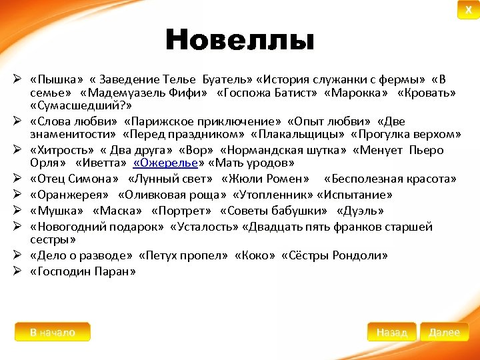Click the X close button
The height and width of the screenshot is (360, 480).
pyautogui.click(x=468, y=11)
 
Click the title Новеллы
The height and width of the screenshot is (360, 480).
pyautogui.click(x=239, y=41)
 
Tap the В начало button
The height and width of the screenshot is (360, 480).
pyautogui.click(x=53, y=332)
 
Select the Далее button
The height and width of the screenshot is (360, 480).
pyautogui.click(x=445, y=332)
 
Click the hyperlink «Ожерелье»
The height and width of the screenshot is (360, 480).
pyautogui.click(x=166, y=163)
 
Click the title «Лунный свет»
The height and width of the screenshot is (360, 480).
pyautogui.click(x=174, y=179)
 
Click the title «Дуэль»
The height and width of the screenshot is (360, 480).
pyautogui.click(x=361, y=211)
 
